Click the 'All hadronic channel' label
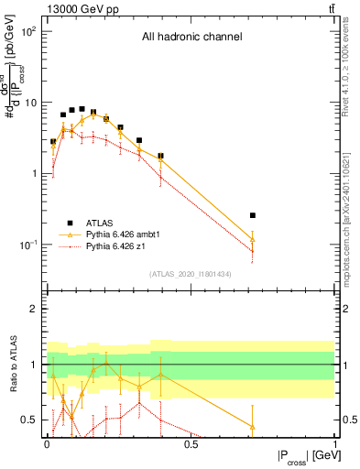191,37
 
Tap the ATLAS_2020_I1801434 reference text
191,274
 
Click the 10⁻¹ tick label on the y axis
28,245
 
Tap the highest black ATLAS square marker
82,108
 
